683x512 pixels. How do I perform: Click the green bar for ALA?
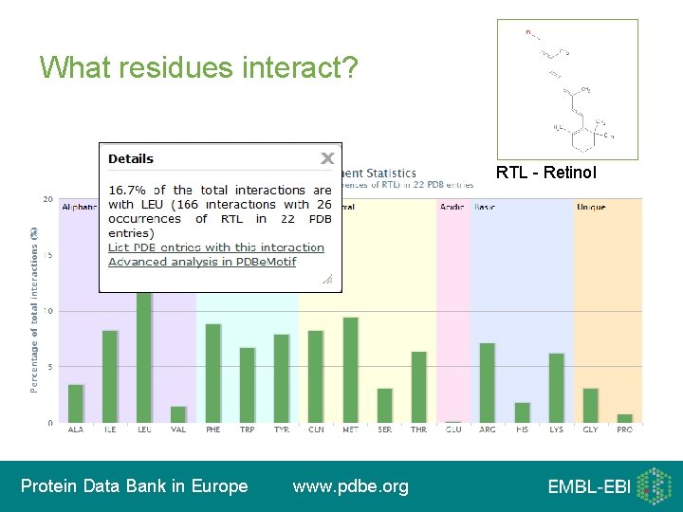(x=76, y=403)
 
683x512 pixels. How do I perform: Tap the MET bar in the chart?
(x=350, y=370)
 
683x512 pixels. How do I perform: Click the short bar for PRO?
(x=624, y=418)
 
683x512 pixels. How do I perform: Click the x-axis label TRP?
(x=248, y=430)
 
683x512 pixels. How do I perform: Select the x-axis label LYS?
(x=556, y=430)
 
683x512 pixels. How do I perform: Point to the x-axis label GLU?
(x=453, y=430)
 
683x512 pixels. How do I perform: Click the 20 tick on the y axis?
(x=47, y=199)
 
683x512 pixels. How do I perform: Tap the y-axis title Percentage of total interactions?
(x=34, y=309)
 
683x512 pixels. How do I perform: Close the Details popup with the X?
(x=326, y=158)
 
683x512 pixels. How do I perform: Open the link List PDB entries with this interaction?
(x=216, y=247)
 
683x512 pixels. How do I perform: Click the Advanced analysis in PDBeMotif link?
(x=202, y=261)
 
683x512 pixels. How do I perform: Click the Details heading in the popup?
(x=131, y=158)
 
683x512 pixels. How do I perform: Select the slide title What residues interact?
(x=199, y=67)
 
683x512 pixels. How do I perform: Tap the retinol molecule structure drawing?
(x=567, y=89)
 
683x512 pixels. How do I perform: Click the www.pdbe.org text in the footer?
(x=351, y=486)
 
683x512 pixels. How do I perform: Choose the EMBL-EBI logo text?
(x=588, y=487)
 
